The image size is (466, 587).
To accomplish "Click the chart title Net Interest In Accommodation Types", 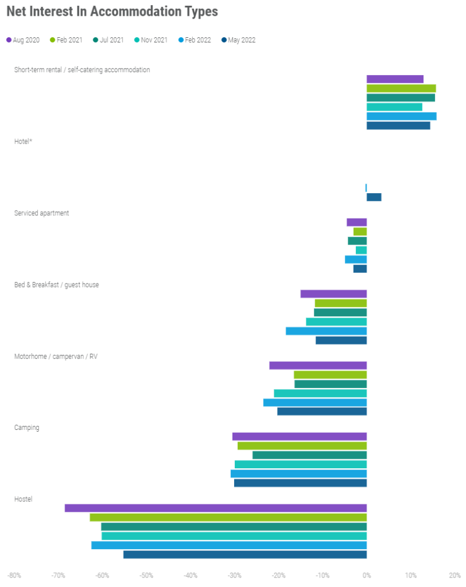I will (112, 12).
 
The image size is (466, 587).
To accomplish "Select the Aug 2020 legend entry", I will (23, 40).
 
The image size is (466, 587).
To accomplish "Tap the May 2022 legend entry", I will (238, 40).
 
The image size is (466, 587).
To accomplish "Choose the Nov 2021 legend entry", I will (151, 40).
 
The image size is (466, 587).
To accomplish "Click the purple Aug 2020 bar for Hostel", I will (216, 508).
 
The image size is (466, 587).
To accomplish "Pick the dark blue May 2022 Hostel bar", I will (245, 554).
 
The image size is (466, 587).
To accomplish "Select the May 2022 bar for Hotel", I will (374, 197).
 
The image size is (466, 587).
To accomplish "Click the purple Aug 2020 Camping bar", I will (299, 436).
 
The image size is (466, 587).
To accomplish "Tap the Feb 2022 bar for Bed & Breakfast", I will (326, 331).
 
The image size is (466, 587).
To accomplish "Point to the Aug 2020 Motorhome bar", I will (318, 365).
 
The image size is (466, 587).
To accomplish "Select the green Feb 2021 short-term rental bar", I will (401, 88).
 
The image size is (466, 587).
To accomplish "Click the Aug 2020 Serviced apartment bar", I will (356, 222).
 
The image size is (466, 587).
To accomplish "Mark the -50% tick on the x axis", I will (146, 576).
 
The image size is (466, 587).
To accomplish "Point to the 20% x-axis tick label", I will (454, 576).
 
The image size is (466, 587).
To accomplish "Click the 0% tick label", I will (366, 576).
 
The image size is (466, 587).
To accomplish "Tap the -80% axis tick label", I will (14, 576).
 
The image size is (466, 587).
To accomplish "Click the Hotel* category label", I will (23, 141).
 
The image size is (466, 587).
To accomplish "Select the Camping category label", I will (27, 428).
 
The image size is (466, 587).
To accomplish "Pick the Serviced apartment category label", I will (41, 213).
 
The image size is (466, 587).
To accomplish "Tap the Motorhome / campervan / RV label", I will (56, 356).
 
